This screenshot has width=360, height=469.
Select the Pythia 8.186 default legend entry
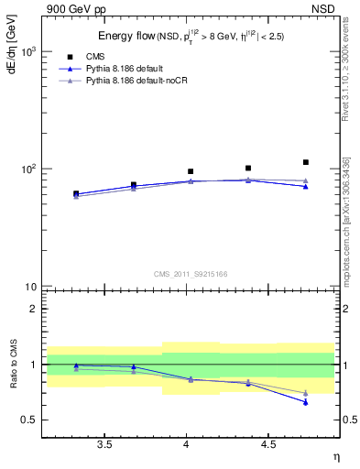point(134,70)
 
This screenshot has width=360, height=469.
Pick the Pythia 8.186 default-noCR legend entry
point(144,82)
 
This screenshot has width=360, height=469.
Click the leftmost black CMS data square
point(76,193)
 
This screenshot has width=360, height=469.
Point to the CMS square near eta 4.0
point(191,171)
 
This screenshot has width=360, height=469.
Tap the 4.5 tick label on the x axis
point(268,444)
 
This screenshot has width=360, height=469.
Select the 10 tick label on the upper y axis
point(28,287)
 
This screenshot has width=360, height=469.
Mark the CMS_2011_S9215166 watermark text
point(191,274)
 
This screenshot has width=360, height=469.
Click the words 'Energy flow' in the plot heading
point(125,36)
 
